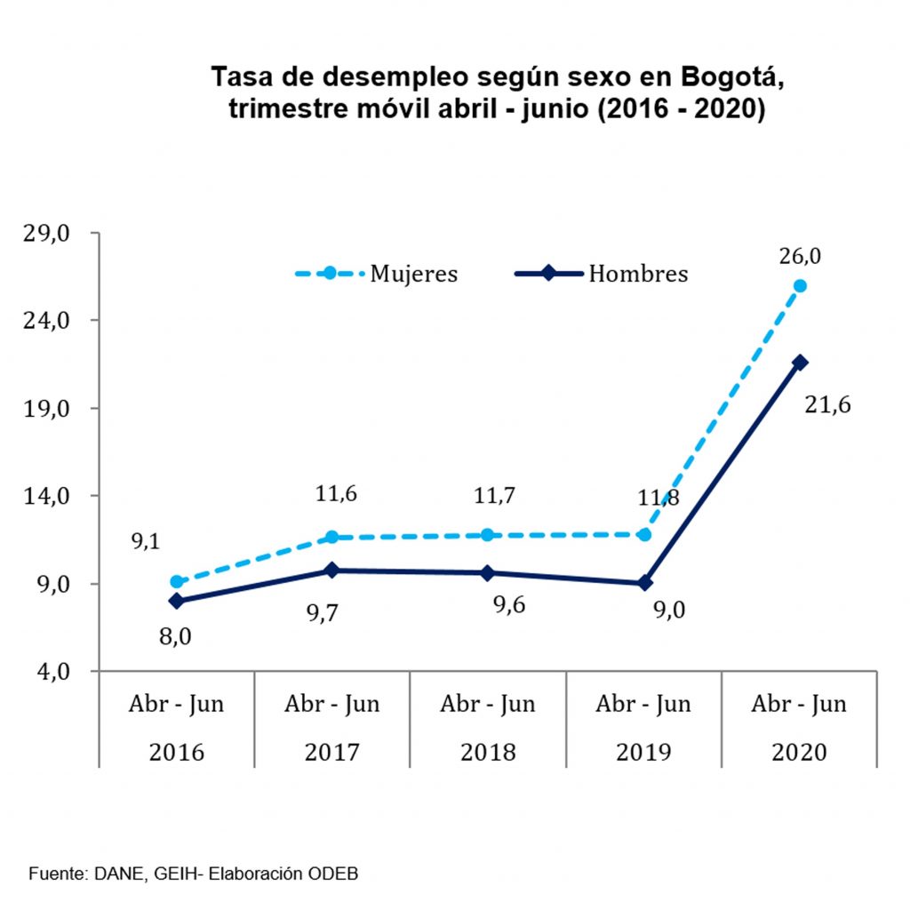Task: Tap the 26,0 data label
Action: tap(800, 256)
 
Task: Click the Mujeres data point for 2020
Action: tap(800, 286)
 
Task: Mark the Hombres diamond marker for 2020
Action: tap(800, 363)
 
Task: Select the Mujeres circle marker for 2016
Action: tap(177, 582)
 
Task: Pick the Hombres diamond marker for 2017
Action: tap(332, 570)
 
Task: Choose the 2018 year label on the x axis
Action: tap(488, 752)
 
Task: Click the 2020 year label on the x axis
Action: tap(799, 752)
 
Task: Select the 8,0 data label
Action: tap(175, 635)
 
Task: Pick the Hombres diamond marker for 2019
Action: tap(643, 583)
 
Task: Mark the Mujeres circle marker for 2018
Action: tap(488, 535)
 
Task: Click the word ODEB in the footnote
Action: tap(332, 874)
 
